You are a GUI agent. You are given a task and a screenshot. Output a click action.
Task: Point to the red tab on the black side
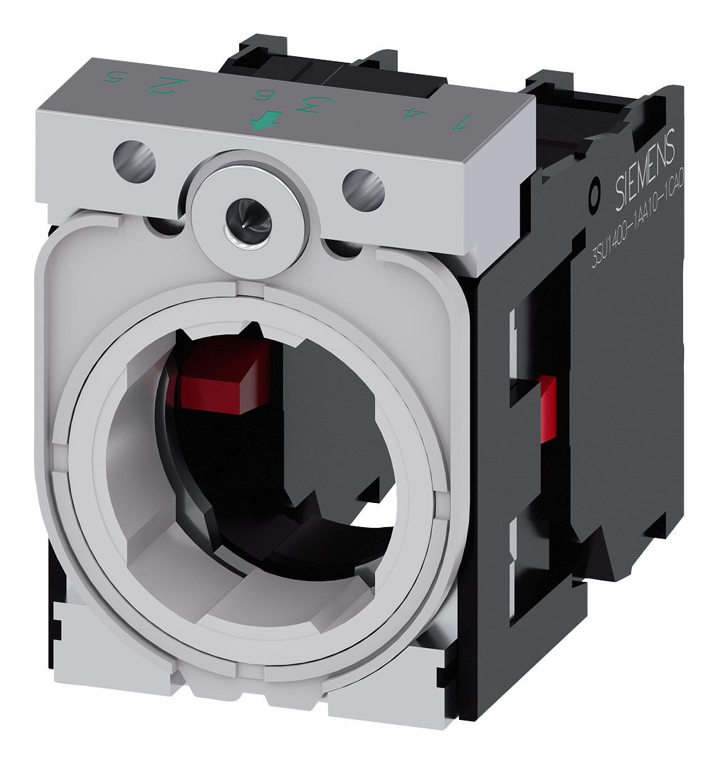(547, 408)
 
